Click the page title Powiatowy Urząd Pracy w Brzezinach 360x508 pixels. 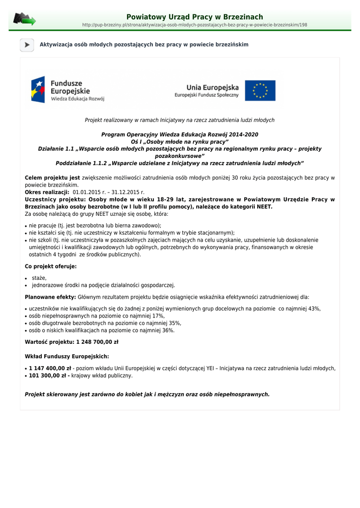(x=195, y=17)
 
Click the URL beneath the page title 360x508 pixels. (x=195, y=25)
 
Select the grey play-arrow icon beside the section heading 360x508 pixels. (x=27, y=45)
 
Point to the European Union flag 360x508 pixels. (x=260, y=91)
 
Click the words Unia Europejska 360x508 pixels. (x=213, y=87)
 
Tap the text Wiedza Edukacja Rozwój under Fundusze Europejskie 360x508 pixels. (x=77, y=99)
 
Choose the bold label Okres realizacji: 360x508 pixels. (x=47, y=192)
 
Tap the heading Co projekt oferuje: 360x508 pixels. (x=51, y=266)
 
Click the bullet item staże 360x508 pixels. (x=39, y=278)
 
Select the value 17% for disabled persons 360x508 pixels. (x=158, y=316)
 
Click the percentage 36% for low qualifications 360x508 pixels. (x=168, y=330)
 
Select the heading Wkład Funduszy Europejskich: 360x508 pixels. (x=67, y=356)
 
